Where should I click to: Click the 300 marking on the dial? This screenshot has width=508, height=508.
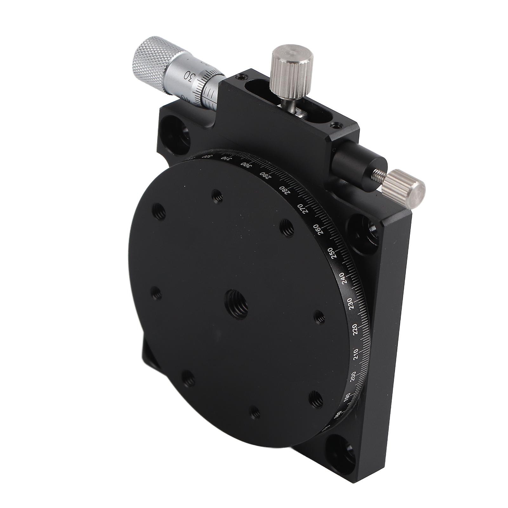point(246,165)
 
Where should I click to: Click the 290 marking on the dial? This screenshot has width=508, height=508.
point(264,175)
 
